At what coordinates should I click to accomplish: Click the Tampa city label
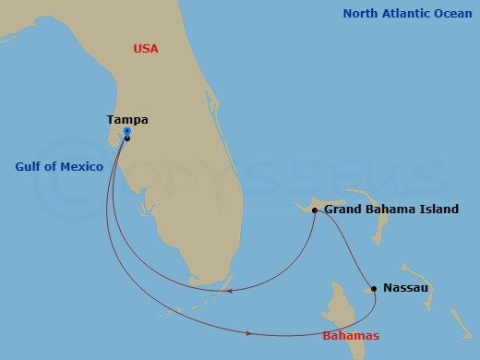(x=127, y=120)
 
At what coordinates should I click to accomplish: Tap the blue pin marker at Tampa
(x=126, y=132)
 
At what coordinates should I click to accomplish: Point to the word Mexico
(x=82, y=167)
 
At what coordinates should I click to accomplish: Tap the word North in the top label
(x=363, y=14)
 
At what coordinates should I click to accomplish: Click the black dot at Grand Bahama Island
(x=315, y=210)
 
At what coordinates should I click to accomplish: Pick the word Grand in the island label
(x=343, y=210)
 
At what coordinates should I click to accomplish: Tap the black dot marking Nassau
(x=373, y=289)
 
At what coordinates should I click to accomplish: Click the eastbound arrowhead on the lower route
(x=250, y=331)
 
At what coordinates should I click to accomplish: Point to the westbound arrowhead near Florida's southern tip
(x=227, y=292)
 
